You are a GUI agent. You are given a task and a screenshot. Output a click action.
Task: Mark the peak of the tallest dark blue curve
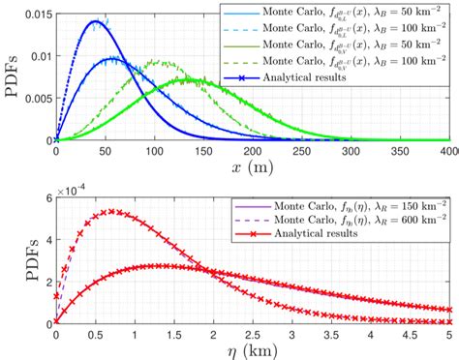94,21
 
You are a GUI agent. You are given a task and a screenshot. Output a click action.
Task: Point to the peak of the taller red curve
113,211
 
